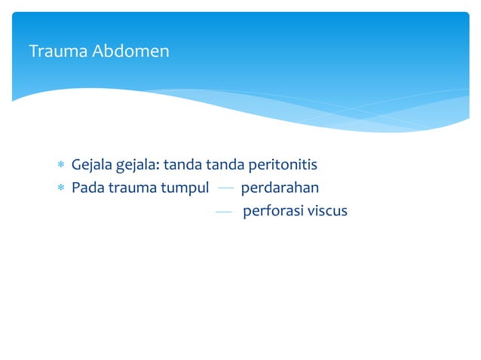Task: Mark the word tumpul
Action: (185, 188)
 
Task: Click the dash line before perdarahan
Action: (225, 188)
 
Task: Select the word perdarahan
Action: (280, 188)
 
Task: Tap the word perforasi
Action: (271, 211)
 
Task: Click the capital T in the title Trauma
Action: (32, 52)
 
